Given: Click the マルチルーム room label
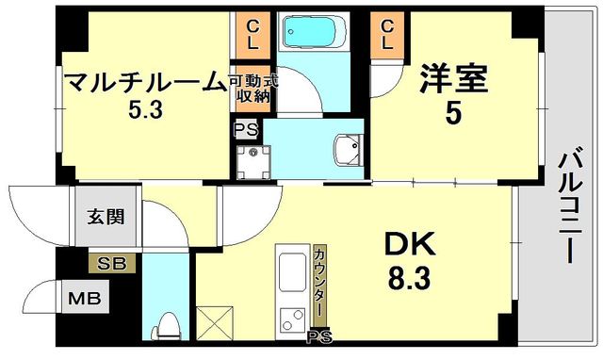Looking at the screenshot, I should pyautogui.click(x=147, y=82).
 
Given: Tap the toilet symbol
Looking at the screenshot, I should pyautogui.click(x=168, y=324).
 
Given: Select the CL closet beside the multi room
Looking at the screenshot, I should pyautogui.click(x=254, y=34).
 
